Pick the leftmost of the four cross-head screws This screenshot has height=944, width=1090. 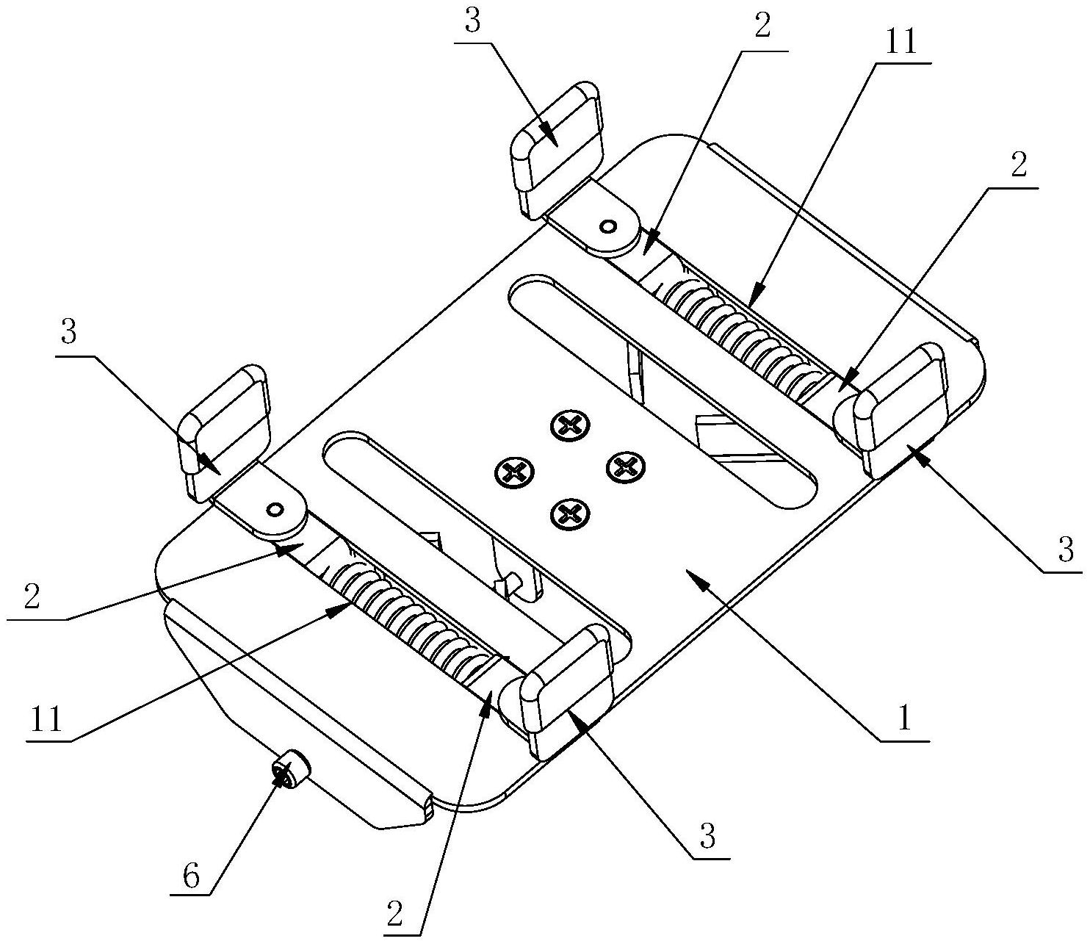pyautogui.click(x=514, y=469)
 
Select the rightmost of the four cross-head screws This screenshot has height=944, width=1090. pyautogui.click(x=626, y=466)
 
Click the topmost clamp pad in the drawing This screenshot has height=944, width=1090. pyautogui.click(x=556, y=149)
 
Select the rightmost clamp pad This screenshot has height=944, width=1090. pyautogui.click(x=900, y=410)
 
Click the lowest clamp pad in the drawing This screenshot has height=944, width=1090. pyautogui.click(x=567, y=691)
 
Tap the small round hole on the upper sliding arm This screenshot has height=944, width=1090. pyautogui.click(x=607, y=227)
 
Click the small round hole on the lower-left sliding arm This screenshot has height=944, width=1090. pyautogui.click(x=274, y=509)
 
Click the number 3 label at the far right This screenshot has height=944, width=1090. pyautogui.click(x=1066, y=550)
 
